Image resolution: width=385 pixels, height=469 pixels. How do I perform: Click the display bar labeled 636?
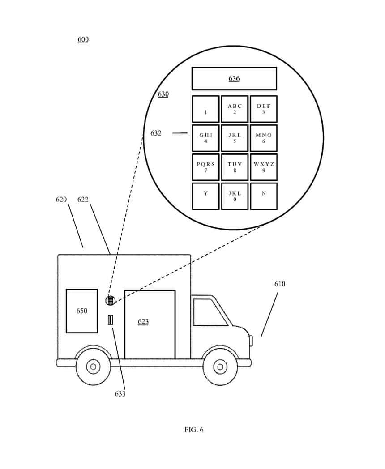[234, 79]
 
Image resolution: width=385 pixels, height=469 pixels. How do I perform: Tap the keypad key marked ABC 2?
[234, 109]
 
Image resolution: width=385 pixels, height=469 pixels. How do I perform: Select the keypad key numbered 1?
[205, 109]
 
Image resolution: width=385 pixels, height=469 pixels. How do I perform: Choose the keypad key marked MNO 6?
[263, 138]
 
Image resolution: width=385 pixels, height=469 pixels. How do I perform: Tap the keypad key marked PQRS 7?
[205, 167]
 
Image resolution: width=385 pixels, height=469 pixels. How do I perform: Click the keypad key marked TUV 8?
[234, 167]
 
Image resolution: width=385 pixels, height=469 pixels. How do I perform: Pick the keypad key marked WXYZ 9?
[263, 167]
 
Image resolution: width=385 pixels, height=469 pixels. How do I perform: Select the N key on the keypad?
[263, 196]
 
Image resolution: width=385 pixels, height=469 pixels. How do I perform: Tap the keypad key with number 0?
[234, 196]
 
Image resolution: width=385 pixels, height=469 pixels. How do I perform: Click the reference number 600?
[83, 40]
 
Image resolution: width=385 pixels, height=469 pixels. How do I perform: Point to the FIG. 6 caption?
[194, 430]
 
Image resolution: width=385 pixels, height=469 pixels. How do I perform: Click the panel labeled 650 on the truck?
[82, 311]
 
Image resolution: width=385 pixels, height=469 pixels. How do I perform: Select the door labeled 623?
[150, 324]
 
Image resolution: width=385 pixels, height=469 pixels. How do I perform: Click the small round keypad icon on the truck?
[111, 301]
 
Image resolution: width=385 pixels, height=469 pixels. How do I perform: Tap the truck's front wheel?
[220, 367]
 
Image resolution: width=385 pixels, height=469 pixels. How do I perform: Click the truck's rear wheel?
[93, 367]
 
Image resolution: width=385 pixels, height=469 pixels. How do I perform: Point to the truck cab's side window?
[208, 312]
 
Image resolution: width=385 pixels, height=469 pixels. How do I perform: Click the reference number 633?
[120, 394]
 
